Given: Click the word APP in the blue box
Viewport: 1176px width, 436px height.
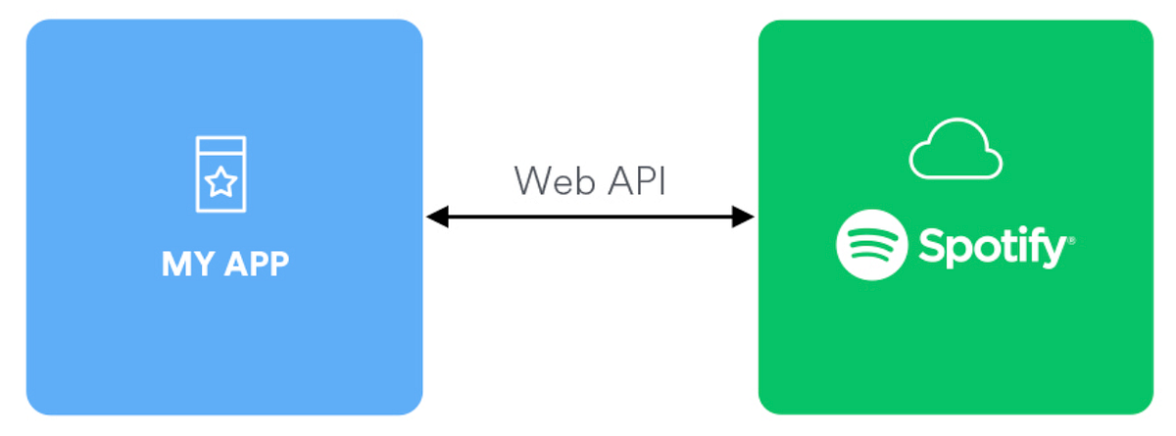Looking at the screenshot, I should pyautogui.click(x=254, y=265).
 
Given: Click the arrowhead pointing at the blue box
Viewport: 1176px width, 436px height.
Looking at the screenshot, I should pyautogui.click(x=437, y=218).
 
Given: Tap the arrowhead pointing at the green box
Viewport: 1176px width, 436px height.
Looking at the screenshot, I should pyautogui.click(x=744, y=218).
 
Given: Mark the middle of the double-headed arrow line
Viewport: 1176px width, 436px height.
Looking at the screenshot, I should pyautogui.click(x=590, y=218).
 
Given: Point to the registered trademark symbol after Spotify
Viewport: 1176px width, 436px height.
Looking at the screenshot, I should pyautogui.click(x=1071, y=239).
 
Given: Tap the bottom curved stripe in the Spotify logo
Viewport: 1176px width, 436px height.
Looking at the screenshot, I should pyautogui.click(x=871, y=261).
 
